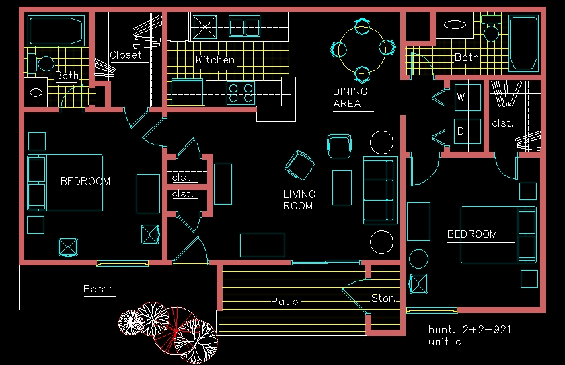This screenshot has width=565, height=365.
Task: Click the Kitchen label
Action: [215, 60]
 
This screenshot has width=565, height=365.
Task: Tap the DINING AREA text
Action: [350, 97]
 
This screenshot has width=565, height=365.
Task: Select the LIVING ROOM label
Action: [299, 200]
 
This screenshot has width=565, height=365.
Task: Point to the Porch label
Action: [98, 289]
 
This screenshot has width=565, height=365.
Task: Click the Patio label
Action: [285, 301]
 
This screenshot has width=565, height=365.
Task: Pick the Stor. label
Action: [383, 298]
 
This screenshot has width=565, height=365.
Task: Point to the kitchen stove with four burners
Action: [240, 93]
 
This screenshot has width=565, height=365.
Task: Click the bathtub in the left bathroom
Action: [54, 30]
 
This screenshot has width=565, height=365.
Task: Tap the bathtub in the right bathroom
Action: [523, 43]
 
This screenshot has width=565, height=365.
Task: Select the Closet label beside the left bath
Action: [126, 55]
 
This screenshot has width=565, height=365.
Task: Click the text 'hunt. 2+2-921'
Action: [469, 330]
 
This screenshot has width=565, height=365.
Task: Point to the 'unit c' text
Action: [445, 342]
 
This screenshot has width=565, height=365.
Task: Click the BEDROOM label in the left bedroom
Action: [85, 181]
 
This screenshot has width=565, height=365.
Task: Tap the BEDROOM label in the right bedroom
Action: [472, 234]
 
